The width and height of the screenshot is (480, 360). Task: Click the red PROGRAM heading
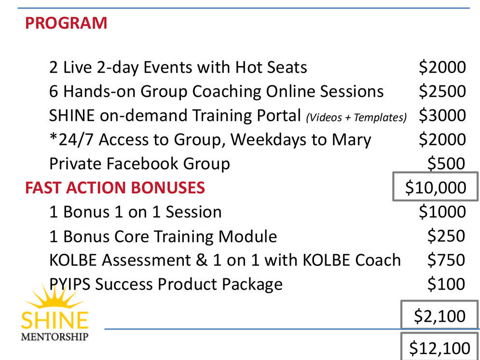[66, 23]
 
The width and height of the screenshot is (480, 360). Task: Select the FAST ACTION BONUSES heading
[115, 187]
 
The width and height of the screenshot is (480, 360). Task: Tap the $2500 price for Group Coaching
[442, 91]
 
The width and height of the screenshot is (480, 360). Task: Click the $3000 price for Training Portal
[442, 115]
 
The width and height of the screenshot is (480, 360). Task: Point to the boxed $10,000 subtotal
[436, 187]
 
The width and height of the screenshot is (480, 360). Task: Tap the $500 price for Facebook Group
[446, 163]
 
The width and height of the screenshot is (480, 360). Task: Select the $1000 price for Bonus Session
[442, 212]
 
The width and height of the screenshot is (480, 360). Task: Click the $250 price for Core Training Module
[446, 236]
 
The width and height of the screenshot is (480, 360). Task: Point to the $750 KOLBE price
[446, 260]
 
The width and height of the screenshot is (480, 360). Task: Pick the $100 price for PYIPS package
[446, 284]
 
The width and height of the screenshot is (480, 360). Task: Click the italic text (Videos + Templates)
[357, 117]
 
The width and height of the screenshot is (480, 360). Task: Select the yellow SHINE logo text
[55, 320]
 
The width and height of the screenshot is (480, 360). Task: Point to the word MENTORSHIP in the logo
[55, 337]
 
